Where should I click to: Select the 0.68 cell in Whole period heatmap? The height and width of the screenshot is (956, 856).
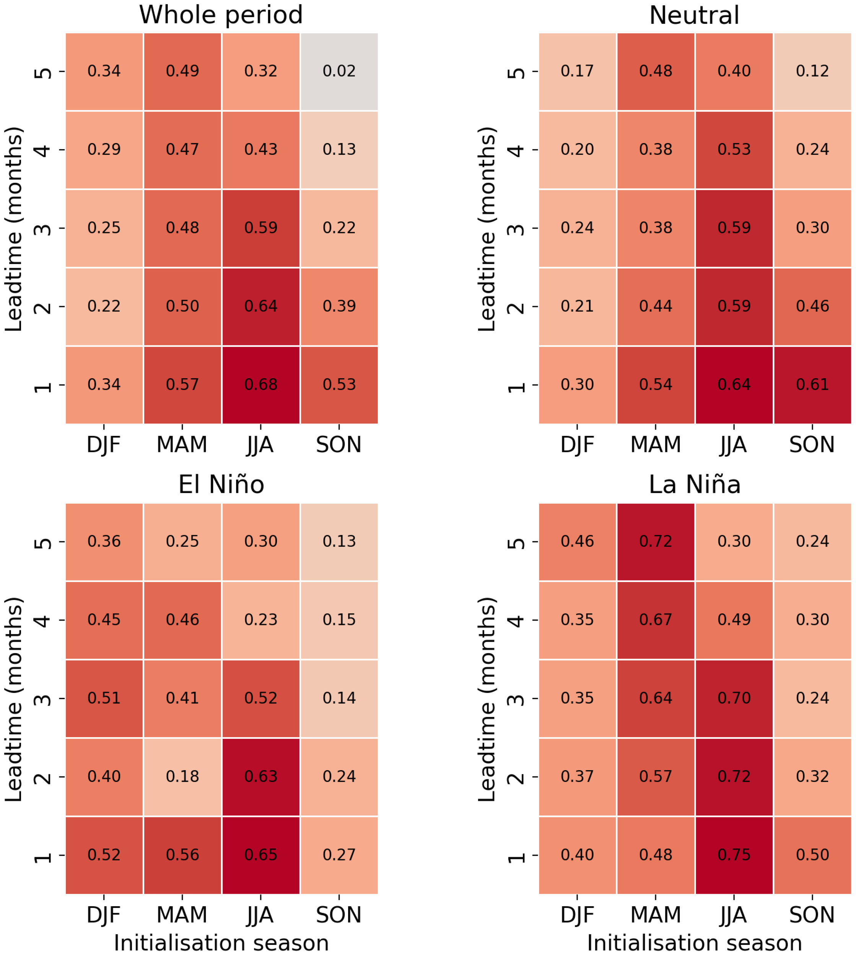pos(260,385)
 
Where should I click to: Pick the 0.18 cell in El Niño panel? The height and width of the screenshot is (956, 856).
pos(182,776)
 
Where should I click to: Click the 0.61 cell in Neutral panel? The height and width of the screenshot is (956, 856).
pos(812,385)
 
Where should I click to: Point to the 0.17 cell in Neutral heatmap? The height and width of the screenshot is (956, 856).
pos(577,72)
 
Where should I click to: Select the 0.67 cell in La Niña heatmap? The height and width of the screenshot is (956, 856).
pos(656,620)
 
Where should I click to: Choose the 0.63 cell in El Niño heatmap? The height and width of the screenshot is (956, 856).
pos(260,776)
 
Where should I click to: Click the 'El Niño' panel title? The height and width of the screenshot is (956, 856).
pos(221,485)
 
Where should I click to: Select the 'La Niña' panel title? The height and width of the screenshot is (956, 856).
pos(694,485)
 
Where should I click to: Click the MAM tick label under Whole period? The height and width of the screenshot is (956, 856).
pos(182,444)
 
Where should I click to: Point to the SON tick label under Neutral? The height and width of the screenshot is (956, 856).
pos(812,444)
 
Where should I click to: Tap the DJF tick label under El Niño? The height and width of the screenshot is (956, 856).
pos(104,915)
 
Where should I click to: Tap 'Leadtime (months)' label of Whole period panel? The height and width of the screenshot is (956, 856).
pos(14,229)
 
